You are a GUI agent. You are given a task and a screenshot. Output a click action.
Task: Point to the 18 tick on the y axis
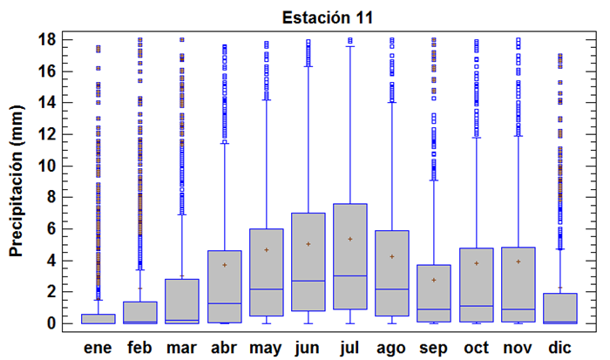(x=48, y=39)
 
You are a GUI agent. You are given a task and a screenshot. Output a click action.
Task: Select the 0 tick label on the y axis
(x=52, y=323)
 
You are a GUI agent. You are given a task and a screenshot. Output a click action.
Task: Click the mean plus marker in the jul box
(x=350, y=239)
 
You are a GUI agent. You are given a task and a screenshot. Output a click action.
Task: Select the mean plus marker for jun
(x=308, y=244)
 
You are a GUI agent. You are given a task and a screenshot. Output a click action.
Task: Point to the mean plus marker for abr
(x=224, y=265)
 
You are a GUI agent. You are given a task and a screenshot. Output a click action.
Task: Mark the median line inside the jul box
(x=350, y=275)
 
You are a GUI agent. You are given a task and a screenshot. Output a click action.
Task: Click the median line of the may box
(x=266, y=289)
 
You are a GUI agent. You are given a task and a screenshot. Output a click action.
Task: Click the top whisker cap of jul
(x=350, y=46)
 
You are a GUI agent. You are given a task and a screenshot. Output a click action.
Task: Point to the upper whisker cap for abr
(x=224, y=142)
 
